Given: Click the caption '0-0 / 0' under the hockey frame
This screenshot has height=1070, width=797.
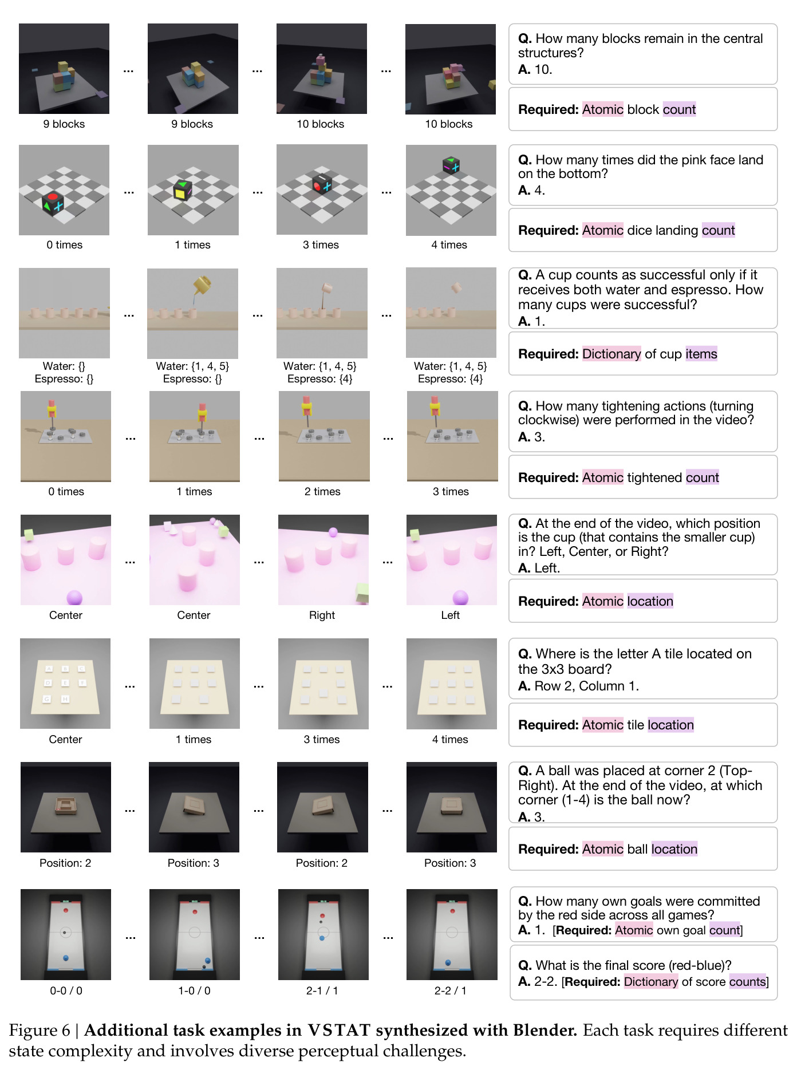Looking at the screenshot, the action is tap(66, 990).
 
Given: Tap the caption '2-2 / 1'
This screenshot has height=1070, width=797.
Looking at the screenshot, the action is tap(450, 990).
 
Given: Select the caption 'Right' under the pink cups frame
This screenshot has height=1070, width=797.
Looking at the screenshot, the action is tap(322, 615).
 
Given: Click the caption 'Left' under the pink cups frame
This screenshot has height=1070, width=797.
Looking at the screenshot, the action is tap(450, 615).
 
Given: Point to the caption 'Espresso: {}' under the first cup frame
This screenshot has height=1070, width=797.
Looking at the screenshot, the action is tap(64, 378).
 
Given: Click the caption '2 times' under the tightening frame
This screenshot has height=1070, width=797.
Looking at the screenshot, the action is tap(322, 491).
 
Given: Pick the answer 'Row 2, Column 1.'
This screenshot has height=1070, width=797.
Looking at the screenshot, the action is tap(586, 686).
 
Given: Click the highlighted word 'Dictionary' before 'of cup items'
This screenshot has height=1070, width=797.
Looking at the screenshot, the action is tap(611, 354).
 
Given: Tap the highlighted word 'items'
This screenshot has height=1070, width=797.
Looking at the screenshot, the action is tap(701, 354).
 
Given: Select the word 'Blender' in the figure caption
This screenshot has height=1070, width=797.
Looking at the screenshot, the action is tap(545, 1030).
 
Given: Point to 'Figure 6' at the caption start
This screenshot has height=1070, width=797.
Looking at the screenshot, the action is tap(40, 1030).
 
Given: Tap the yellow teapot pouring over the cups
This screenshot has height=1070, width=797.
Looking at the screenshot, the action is tap(202, 285).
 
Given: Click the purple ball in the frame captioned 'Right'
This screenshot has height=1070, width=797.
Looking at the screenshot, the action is tap(333, 532).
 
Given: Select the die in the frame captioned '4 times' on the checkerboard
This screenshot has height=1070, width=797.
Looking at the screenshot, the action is tap(451, 165).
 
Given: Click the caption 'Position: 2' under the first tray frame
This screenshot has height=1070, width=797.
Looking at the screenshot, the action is tap(65, 863).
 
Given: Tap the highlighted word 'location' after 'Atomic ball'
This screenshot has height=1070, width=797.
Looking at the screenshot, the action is tap(674, 849).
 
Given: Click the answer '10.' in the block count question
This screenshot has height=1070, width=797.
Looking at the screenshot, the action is tap(543, 69).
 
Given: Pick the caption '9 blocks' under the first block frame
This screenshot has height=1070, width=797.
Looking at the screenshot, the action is tap(64, 124).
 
